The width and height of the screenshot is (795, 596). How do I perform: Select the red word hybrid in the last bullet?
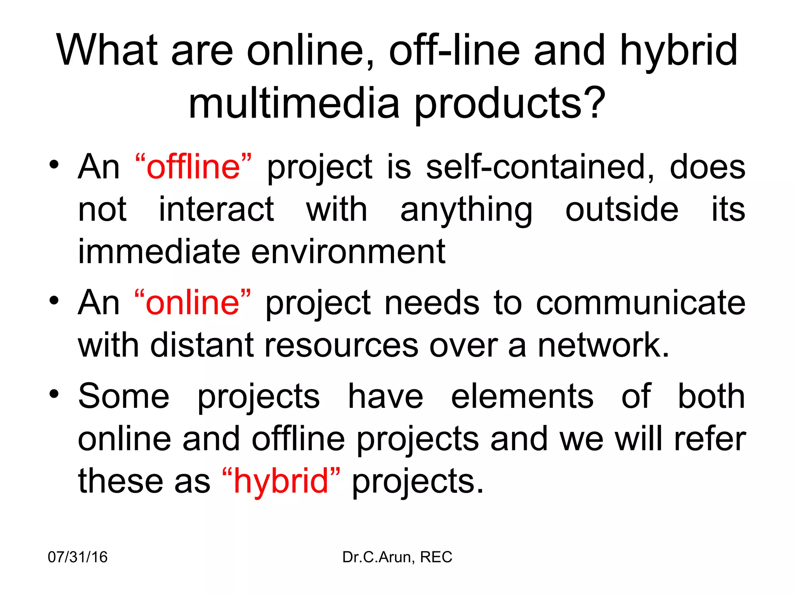281,481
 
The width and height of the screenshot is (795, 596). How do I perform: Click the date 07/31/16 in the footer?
78,557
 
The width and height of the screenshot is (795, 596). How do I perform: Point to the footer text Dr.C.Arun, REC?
397,557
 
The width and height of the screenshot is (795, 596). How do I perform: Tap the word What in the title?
107,50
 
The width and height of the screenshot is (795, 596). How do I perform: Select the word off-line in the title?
454,50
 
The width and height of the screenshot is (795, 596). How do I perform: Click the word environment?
348,252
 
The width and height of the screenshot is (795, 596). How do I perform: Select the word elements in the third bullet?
522,397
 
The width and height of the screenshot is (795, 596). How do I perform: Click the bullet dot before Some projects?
54,394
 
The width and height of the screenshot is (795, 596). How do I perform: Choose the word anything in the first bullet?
466,210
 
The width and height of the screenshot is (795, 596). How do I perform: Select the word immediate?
159,252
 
